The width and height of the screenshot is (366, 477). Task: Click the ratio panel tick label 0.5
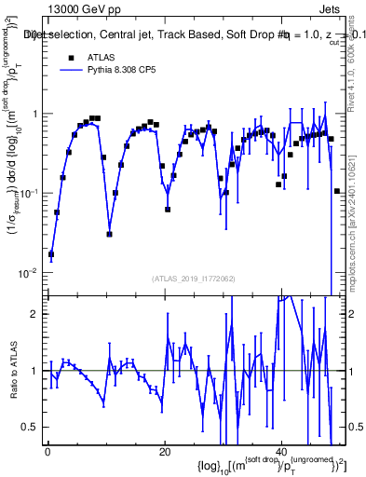[x=34, y=427]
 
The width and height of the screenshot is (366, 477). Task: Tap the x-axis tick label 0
[x=47, y=451]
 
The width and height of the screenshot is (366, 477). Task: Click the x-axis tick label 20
[x=164, y=451]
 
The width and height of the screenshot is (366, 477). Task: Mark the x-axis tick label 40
[x=283, y=451]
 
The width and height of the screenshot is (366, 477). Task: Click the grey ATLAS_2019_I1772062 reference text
[x=192, y=279]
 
